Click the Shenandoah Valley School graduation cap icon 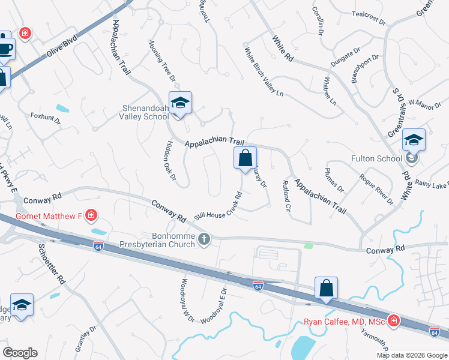pyautogui.click(x=179, y=103)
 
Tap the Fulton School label pyautogui.click(x=376, y=159)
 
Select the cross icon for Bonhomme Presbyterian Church pyautogui.click(x=204, y=239)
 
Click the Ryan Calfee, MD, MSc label pyautogui.click(x=343, y=322)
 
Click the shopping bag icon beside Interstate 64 pyautogui.click(x=326, y=288)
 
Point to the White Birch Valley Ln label pyautogui.click(x=263, y=71)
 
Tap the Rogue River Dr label pyautogui.click(x=376, y=188)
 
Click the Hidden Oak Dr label pyautogui.click(x=170, y=161)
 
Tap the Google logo pyautogui.click(x=20, y=353)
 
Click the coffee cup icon pyautogui.click(x=5, y=47)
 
